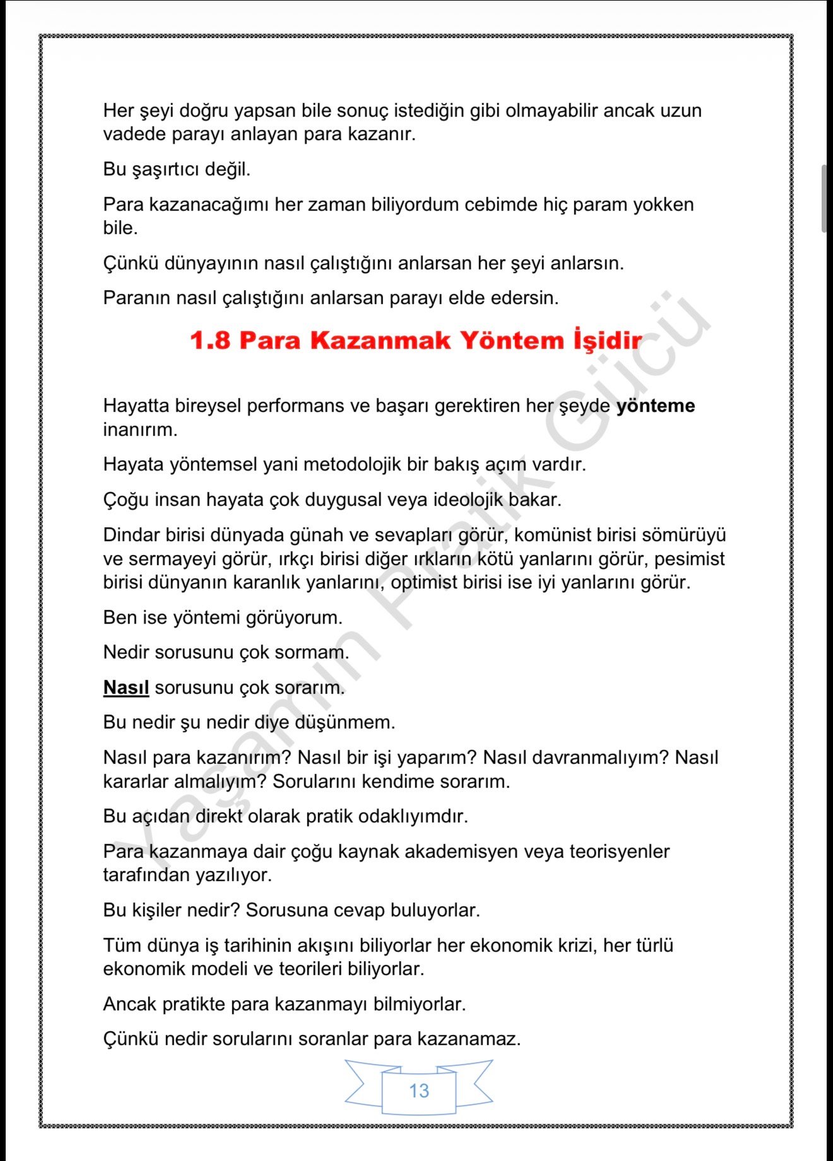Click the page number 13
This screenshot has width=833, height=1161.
[418, 1090]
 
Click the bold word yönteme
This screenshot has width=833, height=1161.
[655, 405]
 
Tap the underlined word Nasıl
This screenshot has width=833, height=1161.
[126, 687]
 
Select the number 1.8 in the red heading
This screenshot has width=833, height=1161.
[210, 341]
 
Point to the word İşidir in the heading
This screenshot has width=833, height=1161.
[607, 341]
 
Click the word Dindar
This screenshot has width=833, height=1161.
[131, 535]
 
